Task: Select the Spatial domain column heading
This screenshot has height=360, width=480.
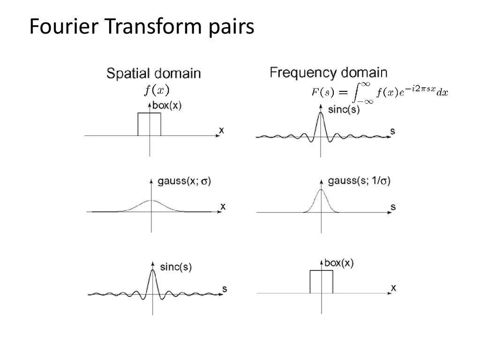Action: point(154,74)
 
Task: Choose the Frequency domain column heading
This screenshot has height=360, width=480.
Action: point(329,73)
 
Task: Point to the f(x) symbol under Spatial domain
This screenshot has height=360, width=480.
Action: point(157,90)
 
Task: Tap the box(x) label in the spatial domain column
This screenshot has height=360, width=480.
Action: point(167,106)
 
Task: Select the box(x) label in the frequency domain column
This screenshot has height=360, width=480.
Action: point(339,263)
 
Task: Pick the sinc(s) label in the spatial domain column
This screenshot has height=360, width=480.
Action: point(176,268)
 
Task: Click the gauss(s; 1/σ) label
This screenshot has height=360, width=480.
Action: point(360,181)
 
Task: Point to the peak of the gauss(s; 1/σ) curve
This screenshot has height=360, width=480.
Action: point(321,190)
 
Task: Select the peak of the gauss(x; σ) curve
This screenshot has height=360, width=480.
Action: point(151,201)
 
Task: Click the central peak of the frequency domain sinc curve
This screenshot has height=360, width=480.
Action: point(321,113)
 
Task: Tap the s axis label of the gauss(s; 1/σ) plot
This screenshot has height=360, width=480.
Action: point(393,206)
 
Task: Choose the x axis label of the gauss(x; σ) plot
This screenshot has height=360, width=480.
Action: point(223,206)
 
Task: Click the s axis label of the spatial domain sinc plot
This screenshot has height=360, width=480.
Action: point(224,289)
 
